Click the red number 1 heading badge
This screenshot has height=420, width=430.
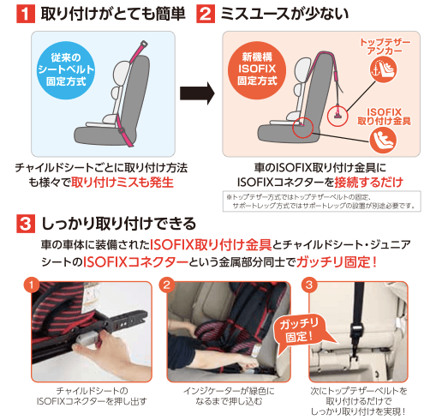tap(26, 15)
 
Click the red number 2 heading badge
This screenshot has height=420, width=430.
tap(206, 15)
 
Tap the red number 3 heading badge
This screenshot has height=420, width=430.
tap(26, 224)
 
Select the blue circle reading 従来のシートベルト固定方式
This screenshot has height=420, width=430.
tap(66, 70)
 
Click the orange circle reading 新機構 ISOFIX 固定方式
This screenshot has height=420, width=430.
tap(257, 70)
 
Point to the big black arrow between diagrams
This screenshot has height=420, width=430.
tap(197, 93)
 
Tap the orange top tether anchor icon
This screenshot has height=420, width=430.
tap(383, 69)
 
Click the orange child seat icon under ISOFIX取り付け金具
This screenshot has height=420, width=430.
tap(383, 141)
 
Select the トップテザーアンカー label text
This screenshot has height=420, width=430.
tap(385, 46)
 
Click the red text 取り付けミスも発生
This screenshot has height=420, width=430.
tap(122, 183)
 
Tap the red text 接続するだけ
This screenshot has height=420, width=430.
tap(369, 183)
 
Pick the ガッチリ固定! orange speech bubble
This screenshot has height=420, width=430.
tap(300, 333)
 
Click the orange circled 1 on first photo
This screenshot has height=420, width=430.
tap(32, 285)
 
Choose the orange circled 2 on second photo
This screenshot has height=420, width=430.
tap(166, 285)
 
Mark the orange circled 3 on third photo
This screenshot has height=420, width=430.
tap(309, 285)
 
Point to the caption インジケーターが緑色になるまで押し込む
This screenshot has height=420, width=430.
tap(229, 396)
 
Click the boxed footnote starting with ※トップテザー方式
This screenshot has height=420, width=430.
tap(322, 201)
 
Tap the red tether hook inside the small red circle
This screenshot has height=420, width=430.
tap(337, 113)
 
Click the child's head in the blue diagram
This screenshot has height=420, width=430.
tap(122, 73)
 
